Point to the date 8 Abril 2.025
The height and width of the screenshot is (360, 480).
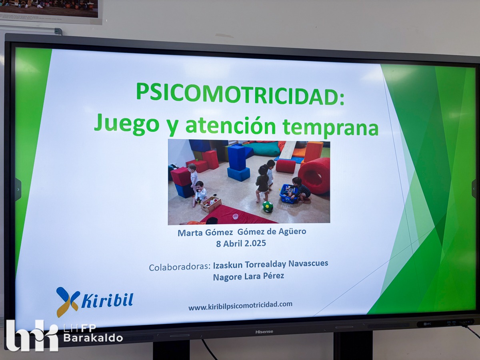point(241,243)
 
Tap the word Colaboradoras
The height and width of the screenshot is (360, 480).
point(180,267)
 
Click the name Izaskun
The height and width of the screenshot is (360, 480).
point(228,265)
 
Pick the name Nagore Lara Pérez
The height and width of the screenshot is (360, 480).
point(248,276)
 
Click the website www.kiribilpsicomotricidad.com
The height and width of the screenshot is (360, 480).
point(240,305)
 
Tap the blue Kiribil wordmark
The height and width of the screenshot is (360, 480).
point(107,301)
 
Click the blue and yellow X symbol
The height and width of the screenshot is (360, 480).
point(68,302)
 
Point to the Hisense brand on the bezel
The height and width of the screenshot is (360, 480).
point(264,332)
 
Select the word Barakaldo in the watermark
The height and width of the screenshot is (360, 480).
point(93,338)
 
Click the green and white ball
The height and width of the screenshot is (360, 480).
point(268,207)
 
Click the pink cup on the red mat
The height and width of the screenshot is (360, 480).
point(235,216)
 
